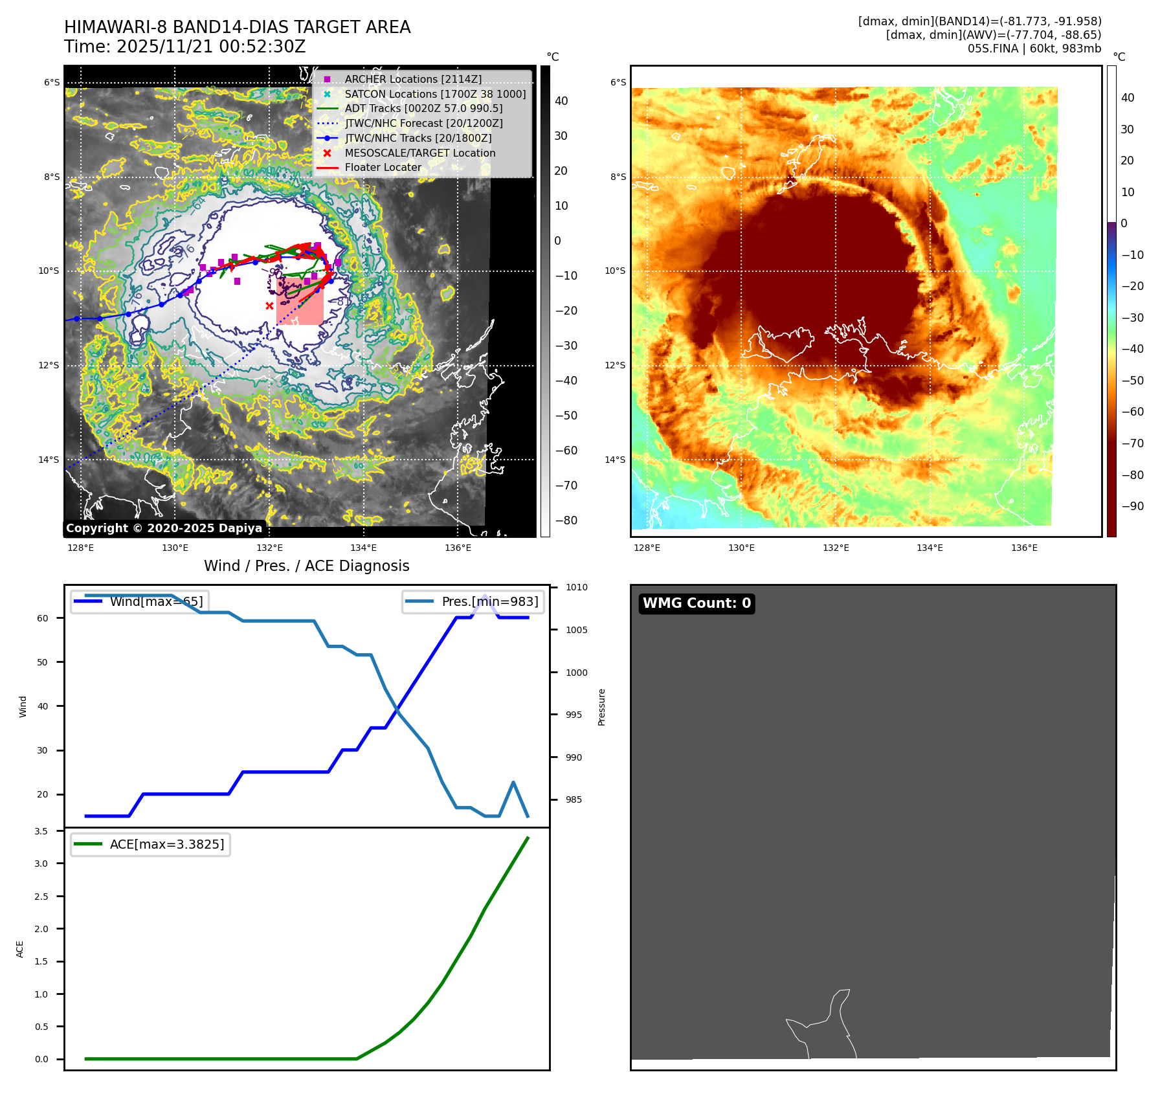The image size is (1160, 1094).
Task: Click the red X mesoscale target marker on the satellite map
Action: point(269,306)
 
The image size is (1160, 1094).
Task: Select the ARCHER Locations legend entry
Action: point(413,79)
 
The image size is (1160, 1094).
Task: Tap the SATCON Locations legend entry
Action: point(435,94)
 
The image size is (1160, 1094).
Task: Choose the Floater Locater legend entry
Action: point(383,167)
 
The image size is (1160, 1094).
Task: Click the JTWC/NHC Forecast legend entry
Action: point(423,123)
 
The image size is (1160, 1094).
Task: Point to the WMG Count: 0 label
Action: point(697,603)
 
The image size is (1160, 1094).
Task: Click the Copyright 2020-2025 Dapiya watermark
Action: point(164,528)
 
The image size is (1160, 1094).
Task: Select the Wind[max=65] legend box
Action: point(140,601)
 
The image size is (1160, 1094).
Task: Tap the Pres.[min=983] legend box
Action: point(473,601)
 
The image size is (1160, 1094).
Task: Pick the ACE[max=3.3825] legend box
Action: point(150,844)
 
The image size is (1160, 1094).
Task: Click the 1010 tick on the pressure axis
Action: point(576,588)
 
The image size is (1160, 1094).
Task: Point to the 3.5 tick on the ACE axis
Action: point(41,831)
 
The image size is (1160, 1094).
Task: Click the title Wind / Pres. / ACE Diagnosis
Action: point(306,566)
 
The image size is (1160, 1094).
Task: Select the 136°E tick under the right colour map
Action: point(1024,548)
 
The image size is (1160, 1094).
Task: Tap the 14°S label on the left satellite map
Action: point(49,460)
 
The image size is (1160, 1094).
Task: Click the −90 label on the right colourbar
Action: point(1132,506)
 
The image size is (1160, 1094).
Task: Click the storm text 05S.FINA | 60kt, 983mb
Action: point(1034,49)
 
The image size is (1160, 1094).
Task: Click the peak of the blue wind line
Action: point(485,596)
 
